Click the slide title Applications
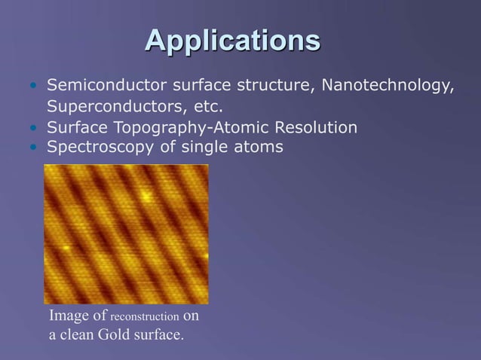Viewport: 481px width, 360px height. (x=233, y=40)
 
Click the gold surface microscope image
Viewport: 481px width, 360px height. (x=126, y=233)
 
